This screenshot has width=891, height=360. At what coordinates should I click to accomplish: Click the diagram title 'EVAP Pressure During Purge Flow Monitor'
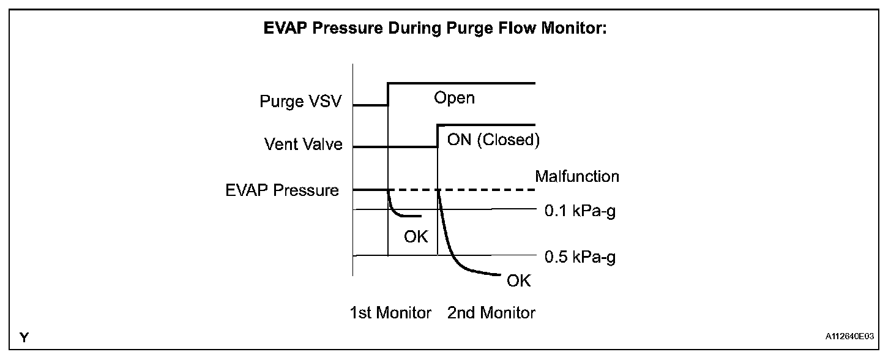pos(434,29)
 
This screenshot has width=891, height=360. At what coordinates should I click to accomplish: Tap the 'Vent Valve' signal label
pos(304,145)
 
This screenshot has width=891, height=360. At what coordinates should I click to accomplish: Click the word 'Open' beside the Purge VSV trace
pos(454,98)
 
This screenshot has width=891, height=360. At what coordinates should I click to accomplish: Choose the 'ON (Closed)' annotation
pos(493,140)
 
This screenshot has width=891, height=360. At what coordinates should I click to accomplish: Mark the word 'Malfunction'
pos(577,177)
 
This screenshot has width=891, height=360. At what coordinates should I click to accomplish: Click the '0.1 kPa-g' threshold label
pos(580,212)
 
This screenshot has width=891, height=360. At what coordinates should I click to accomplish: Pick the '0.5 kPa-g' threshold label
pos(580,257)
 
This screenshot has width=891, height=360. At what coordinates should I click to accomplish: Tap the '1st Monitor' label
pos(390,313)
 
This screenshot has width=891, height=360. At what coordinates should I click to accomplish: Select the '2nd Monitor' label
pos(491,313)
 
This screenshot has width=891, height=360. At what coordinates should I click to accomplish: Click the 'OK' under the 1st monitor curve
pos(416,236)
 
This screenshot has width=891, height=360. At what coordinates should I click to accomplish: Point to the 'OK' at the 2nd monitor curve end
pos(519,281)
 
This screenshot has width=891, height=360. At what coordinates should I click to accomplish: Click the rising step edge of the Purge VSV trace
pos(388,94)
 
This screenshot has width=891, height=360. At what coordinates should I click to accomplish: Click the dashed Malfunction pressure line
pos(490,190)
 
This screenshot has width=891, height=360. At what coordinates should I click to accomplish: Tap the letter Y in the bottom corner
pos(24,337)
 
